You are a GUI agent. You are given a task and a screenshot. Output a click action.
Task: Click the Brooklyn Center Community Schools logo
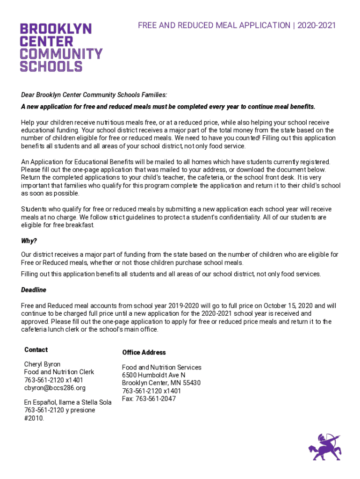(x=61, y=47)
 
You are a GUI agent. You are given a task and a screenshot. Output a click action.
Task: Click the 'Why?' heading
(x=29, y=241)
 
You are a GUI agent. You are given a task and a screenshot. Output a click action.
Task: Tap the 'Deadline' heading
(x=34, y=290)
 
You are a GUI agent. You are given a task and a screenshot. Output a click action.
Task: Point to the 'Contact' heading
(x=36, y=350)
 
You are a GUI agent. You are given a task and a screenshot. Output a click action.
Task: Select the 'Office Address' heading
(x=144, y=352)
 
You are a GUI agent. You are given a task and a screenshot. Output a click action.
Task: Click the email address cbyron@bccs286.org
(x=55, y=388)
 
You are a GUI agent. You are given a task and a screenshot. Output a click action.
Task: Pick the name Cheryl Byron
(x=42, y=364)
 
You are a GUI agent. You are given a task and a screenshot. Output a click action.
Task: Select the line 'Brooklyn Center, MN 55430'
(x=161, y=383)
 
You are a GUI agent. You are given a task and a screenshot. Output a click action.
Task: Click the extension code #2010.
(x=34, y=418)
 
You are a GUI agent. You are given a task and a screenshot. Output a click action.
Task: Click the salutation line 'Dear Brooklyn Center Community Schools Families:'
(x=94, y=94)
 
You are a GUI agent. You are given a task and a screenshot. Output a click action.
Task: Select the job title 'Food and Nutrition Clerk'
(x=59, y=372)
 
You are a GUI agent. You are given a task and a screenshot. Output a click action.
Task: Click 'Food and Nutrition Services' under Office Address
(x=162, y=367)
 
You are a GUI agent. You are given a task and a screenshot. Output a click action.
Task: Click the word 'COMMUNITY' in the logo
(x=61, y=53)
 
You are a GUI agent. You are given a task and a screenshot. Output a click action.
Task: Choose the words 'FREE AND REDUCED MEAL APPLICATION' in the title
(x=214, y=25)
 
